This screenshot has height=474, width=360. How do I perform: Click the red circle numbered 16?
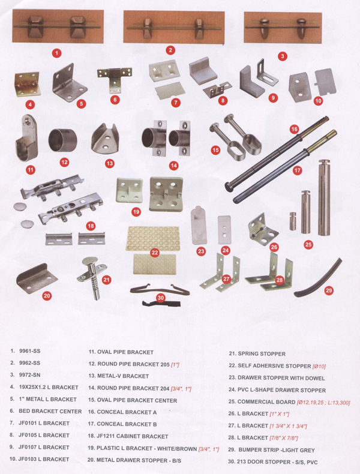294,130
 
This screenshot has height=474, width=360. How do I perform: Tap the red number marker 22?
155,253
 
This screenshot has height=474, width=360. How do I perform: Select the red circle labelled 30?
161,298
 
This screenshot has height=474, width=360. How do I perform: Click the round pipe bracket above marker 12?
63,141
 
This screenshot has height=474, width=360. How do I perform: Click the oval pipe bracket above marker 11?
26,138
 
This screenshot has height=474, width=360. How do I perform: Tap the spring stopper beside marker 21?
90,278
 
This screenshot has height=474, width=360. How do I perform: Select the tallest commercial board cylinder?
324,197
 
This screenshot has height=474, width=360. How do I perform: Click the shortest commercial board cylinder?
293,221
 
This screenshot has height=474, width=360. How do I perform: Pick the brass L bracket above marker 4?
27,84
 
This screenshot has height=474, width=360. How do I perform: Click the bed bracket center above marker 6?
115,77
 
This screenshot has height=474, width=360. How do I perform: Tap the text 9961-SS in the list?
29,351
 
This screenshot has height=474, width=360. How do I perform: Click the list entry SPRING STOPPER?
262,353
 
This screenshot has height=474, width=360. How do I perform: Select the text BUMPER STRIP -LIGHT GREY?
277,450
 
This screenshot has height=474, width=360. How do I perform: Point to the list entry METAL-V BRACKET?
123,376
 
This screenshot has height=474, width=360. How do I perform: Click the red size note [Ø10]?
319,366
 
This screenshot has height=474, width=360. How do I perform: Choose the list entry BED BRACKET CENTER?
50,411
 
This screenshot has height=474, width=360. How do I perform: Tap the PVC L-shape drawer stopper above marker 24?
224,229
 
